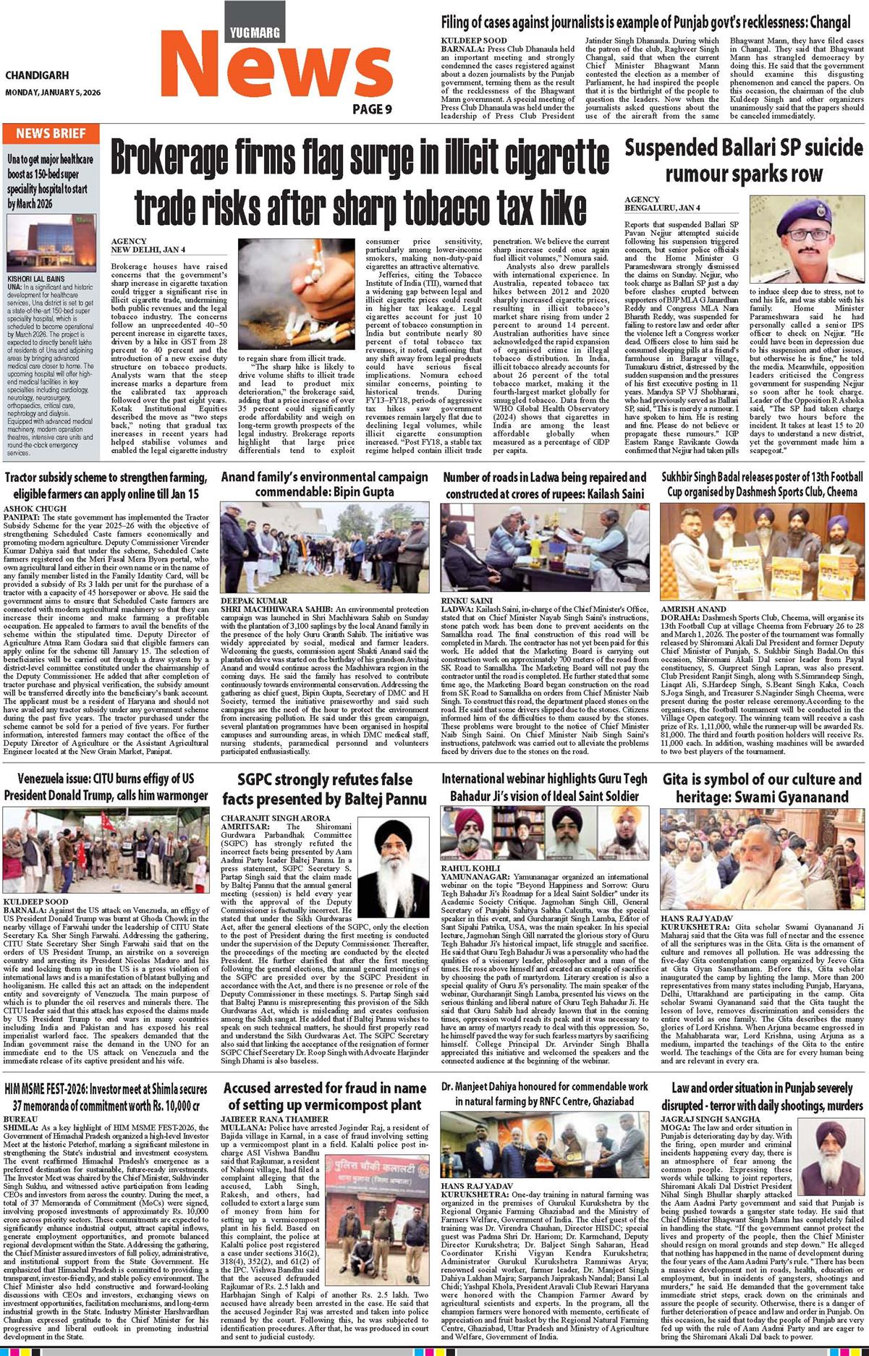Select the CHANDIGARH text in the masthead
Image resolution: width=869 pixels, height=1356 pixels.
click(x=37, y=75)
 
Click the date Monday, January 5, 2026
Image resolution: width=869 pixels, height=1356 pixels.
click(x=53, y=93)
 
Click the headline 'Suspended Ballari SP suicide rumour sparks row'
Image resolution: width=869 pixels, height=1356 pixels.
click(x=744, y=161)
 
